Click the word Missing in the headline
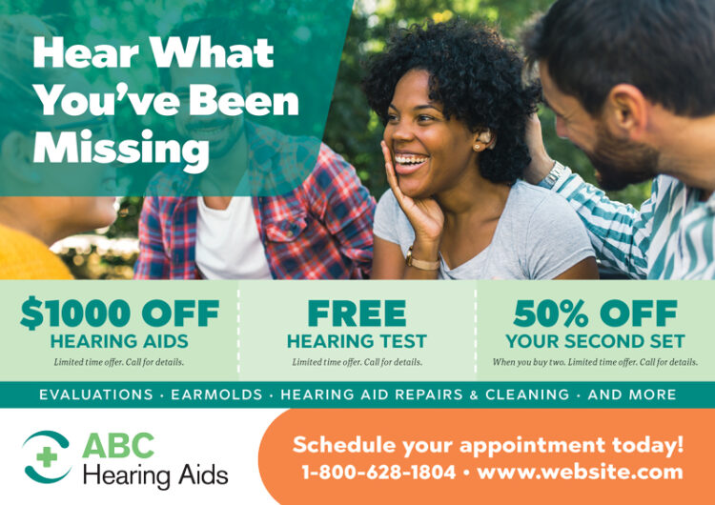(x=120, y=148)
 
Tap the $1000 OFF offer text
(x=119, y=313)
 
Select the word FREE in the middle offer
(x=357, y=313)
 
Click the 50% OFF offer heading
(x=595, y=313)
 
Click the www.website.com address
(x=580, y=472)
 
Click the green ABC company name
(x=117, y=445)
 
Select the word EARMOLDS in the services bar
(x=218, y=394)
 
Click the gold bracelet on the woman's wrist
(x=422, y=260)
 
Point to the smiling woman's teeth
(x=413, y=160)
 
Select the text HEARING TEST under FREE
(x=357, y=341)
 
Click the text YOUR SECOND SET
(x=595, y=341)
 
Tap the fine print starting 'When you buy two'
(x=595, y=362)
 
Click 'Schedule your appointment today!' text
(x=488, y=444)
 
